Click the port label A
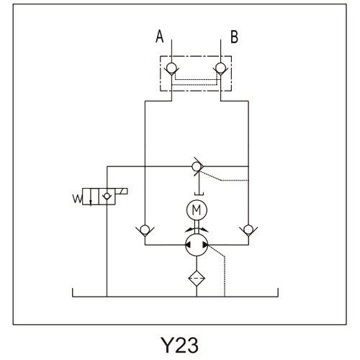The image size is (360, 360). coord(160,37)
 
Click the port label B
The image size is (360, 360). coord(234,37)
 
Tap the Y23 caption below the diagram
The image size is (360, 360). coord(179,345)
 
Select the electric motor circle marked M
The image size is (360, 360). coord(197,210)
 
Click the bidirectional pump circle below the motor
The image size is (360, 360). coord(197,245)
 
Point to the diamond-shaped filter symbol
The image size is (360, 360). coord(197,279)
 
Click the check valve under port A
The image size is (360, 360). coord(171,68)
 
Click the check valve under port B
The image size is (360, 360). coord(220,68)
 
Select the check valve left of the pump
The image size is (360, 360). coord(145,230)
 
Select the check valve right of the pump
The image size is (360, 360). coord(248,230)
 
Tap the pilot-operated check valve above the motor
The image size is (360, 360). coord(198,166)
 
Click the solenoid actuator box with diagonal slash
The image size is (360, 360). coord(122,192)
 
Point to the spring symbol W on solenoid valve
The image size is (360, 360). coord(77,199)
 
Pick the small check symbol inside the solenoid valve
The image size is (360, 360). coord(107,197)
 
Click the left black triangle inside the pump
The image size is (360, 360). coord(188,245)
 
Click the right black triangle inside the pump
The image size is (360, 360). coord(205,245)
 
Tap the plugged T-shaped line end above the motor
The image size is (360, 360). coord(199,194)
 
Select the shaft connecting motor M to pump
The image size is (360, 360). coord(197,227)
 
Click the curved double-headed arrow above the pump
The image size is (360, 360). coord(197,230)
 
